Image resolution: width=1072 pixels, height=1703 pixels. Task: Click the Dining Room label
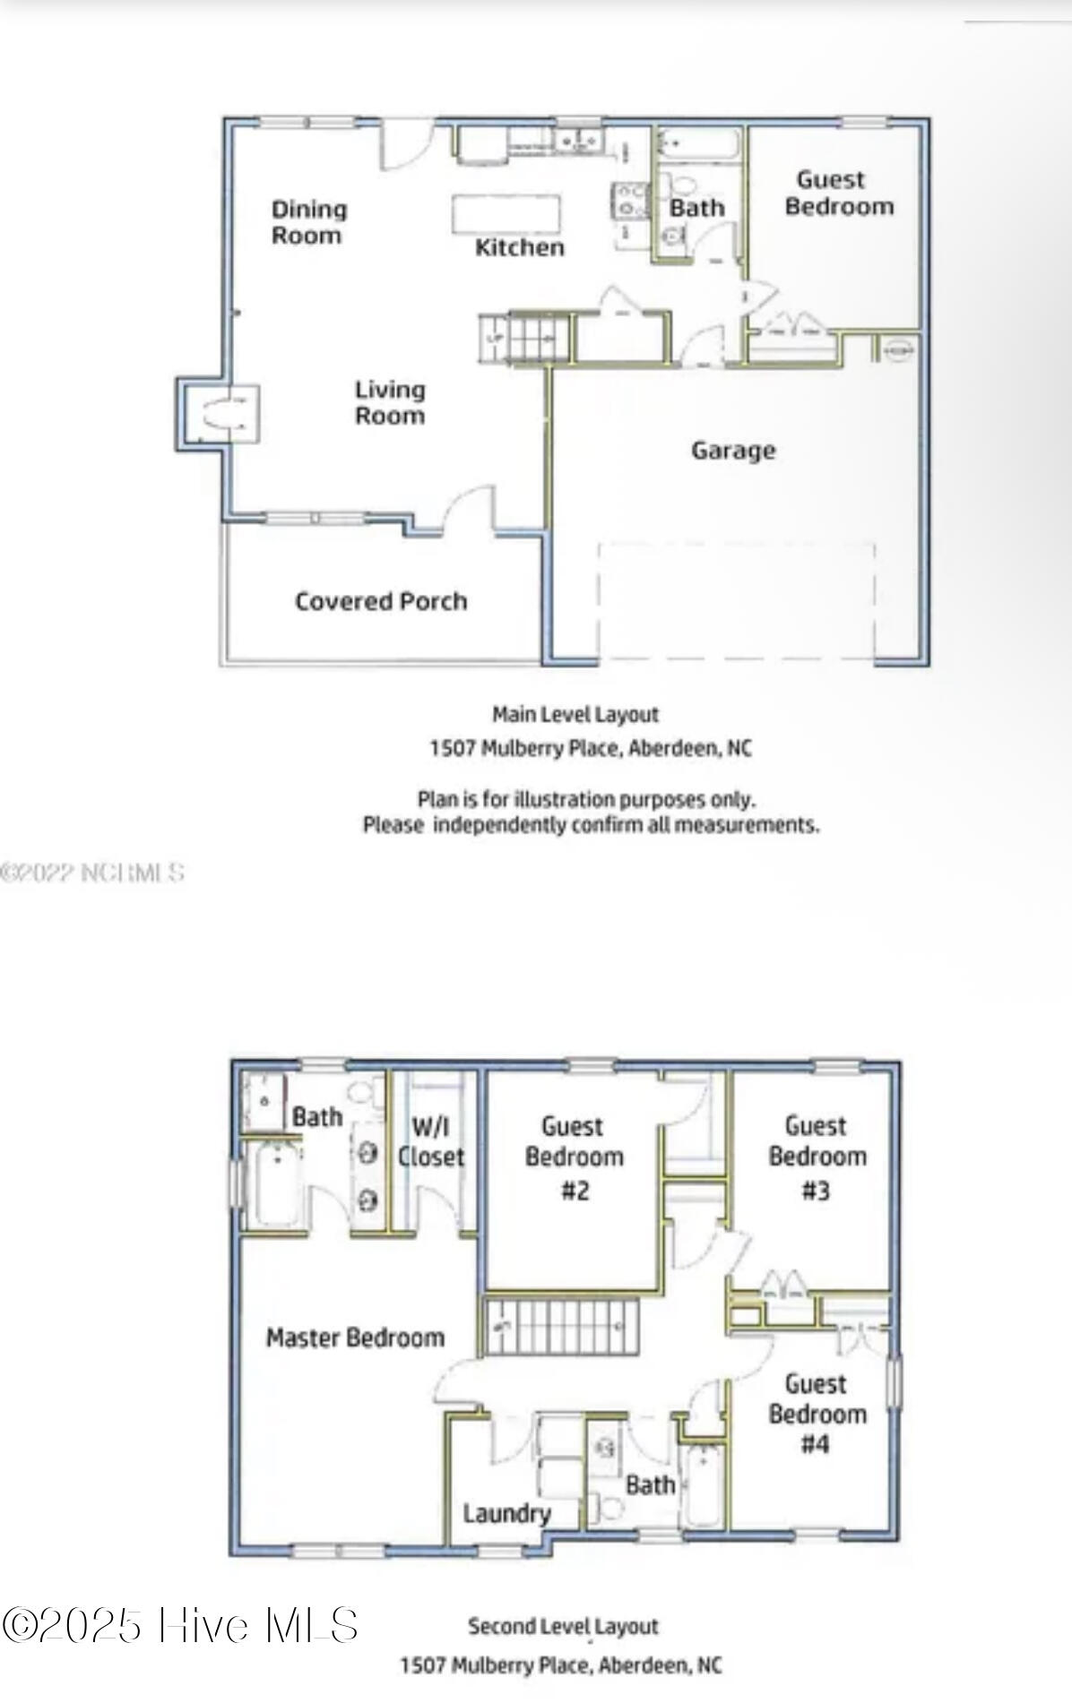pyautogui.click(x=308, y=222)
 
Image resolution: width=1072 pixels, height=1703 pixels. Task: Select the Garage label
pyautogui.click(x=733, y=450)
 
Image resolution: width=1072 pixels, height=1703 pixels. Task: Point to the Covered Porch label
pyautogui.click(x=381, y=601)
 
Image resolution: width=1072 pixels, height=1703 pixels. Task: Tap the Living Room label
pyautogui.click(x=389, y=402)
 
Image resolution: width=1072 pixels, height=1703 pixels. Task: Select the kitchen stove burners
pyautogui.click(x=630, y=201)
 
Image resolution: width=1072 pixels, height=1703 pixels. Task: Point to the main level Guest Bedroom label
pyautogui.click(x=839, y=193)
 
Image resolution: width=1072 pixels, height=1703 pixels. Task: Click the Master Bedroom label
pyautogui.click(x=355, y=1337)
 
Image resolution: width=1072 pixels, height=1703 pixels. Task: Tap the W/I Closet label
pyautogui.click(x=431, y=1141)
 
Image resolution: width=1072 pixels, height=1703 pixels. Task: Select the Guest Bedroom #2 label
pyautogui.click(x=574, y=1157)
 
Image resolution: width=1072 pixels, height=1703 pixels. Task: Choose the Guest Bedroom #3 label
pyautogui.click(x=817, y=1157)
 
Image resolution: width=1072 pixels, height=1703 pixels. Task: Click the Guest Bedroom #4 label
pyautogui.click(x=817, y=1415)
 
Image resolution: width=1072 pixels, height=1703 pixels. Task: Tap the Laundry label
pyautogui.click(x=506, y=1513)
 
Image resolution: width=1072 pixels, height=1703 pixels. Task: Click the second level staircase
pyautogui.click(x=562, y=1327)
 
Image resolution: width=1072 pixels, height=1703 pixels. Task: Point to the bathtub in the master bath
pyautogui.click(x=272, y=1184)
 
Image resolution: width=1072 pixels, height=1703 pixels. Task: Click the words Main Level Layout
pyautogui.click(x=575, y=715)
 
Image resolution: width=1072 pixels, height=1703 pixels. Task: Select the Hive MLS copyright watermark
pyautogui.click(x=180, y=1624)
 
